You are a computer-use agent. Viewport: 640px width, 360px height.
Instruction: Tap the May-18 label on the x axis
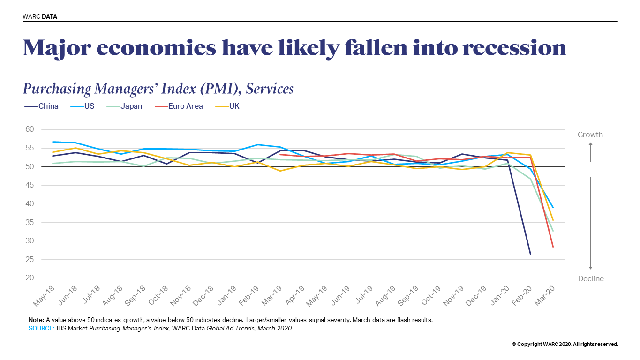coord(44,295)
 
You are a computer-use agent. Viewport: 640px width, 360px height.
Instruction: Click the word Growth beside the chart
coord(590,135)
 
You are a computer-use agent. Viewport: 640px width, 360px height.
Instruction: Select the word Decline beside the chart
coord(591,279)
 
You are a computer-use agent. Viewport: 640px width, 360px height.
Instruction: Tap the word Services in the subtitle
coord(270,89)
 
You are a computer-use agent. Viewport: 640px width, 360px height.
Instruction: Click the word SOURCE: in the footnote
coord(41,329)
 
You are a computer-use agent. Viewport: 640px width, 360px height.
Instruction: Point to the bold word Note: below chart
coord(36,320)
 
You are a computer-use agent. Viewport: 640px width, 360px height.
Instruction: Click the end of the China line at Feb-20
coord(530,255)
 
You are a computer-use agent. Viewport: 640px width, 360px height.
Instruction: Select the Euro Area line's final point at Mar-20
coord(553,247)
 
